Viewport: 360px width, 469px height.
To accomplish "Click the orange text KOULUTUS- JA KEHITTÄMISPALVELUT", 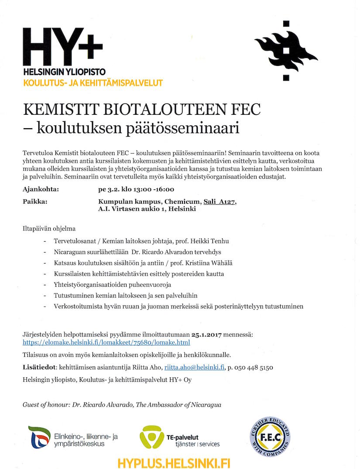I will coord(93,82).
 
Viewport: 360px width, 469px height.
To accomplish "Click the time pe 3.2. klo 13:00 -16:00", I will coord(136,189).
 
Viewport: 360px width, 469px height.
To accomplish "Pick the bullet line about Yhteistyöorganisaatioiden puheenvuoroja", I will coord(112,285).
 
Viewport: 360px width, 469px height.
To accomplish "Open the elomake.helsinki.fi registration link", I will coord(106,342).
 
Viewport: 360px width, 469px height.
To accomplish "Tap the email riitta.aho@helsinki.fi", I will coord(194,367).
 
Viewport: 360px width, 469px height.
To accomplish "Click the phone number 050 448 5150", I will coord(254,367).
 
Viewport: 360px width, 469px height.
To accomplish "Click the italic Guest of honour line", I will coord(122,404).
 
